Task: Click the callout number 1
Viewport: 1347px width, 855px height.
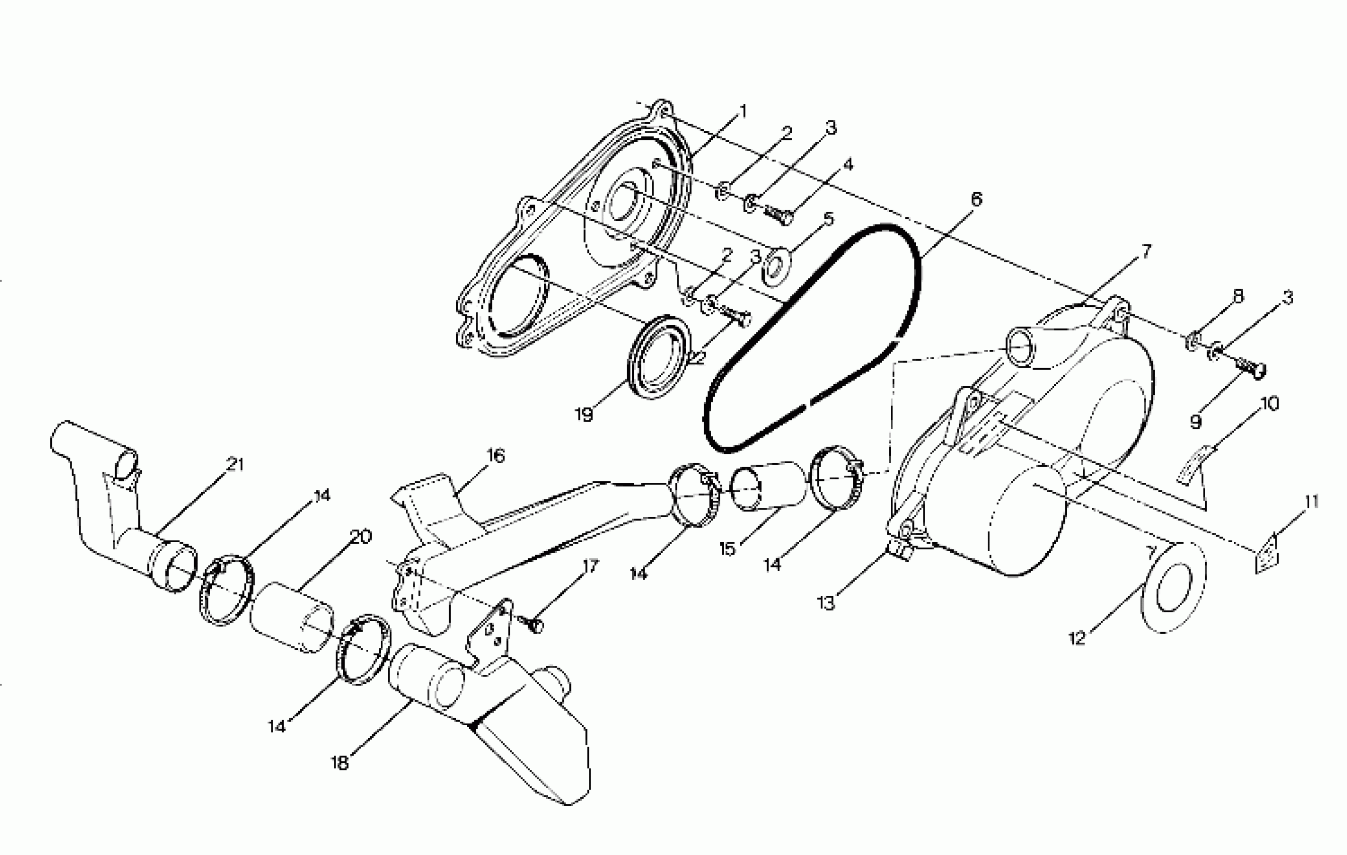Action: point(742,112)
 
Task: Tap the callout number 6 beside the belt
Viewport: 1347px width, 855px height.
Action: point(976,199)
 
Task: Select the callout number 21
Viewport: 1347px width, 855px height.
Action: point(235,464)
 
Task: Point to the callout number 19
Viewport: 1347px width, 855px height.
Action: point(583,415)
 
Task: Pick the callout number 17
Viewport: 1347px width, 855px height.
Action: point(590,566)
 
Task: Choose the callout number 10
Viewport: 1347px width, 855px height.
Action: point(1270,403)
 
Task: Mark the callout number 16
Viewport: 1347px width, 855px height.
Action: point(495,456)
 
